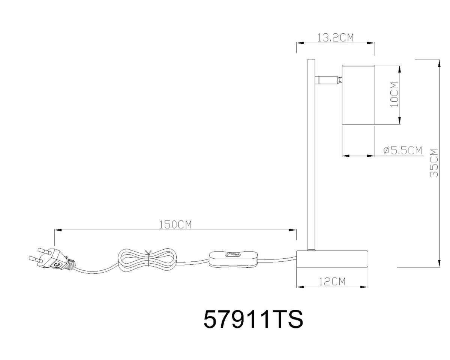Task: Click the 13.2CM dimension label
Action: coord(335,37)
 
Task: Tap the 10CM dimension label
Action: coord(394,94)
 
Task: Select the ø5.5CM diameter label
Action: coord(403,150)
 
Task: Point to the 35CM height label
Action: coord(434,163)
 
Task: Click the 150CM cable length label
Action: coord(175,225)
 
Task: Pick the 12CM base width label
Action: coord(332,281)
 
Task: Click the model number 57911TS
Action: coord(253,319)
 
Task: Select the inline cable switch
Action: coord(233,259)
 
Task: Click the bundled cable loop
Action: coord(147,259)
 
